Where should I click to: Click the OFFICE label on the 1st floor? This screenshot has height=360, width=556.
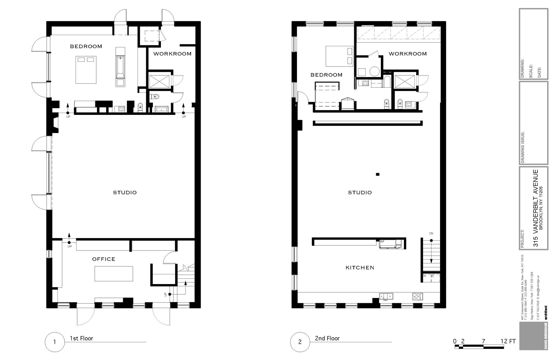pyautogui.click(x=104, y=259)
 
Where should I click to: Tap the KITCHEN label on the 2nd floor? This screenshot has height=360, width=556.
pyautogui.click(x=360, y=268)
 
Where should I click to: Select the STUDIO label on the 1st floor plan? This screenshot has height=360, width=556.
pyautogui.click(x=125, y=193)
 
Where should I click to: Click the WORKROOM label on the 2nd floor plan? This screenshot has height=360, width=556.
pyautogui.click(x=408, y=54)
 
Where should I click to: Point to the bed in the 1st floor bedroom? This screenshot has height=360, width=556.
pyautogui.click(x=86, y=70)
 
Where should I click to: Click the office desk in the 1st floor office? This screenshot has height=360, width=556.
pyautogui.click(x=114, y=273)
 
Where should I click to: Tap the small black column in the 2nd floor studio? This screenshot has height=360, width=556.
pyautogui.click(x=378, y=174)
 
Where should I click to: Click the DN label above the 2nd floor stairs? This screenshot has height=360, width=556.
pyautogui.click(x=431, y=233)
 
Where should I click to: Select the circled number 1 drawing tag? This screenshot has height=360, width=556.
pyautogui.click(x=55, y=342)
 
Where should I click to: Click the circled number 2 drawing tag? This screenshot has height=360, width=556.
pyautogui.click(x=300, y=342)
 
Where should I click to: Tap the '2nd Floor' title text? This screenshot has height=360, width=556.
pyautogui.click(x=327, y=338)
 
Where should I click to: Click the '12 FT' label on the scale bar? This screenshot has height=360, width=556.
pyautogui.click(x=508, y=341)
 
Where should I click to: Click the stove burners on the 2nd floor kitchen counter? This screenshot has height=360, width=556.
pyautogui.click(x=417, y=297)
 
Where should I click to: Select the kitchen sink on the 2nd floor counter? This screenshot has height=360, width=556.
pyautogui.click(x=386, y=297)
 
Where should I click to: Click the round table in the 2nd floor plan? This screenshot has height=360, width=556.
pyautogui.click(x=374, y=71)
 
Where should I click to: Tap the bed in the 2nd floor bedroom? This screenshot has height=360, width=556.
pyautogui.click(x=339, y=56)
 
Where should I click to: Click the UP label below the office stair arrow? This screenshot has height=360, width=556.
pyautogui.click(x=69, y=246)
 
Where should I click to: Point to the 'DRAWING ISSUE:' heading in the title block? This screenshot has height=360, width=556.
pyautogui.click(x=523, y=147)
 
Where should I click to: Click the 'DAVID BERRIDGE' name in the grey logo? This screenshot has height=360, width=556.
pyautogui.click(x=545, y=336)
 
